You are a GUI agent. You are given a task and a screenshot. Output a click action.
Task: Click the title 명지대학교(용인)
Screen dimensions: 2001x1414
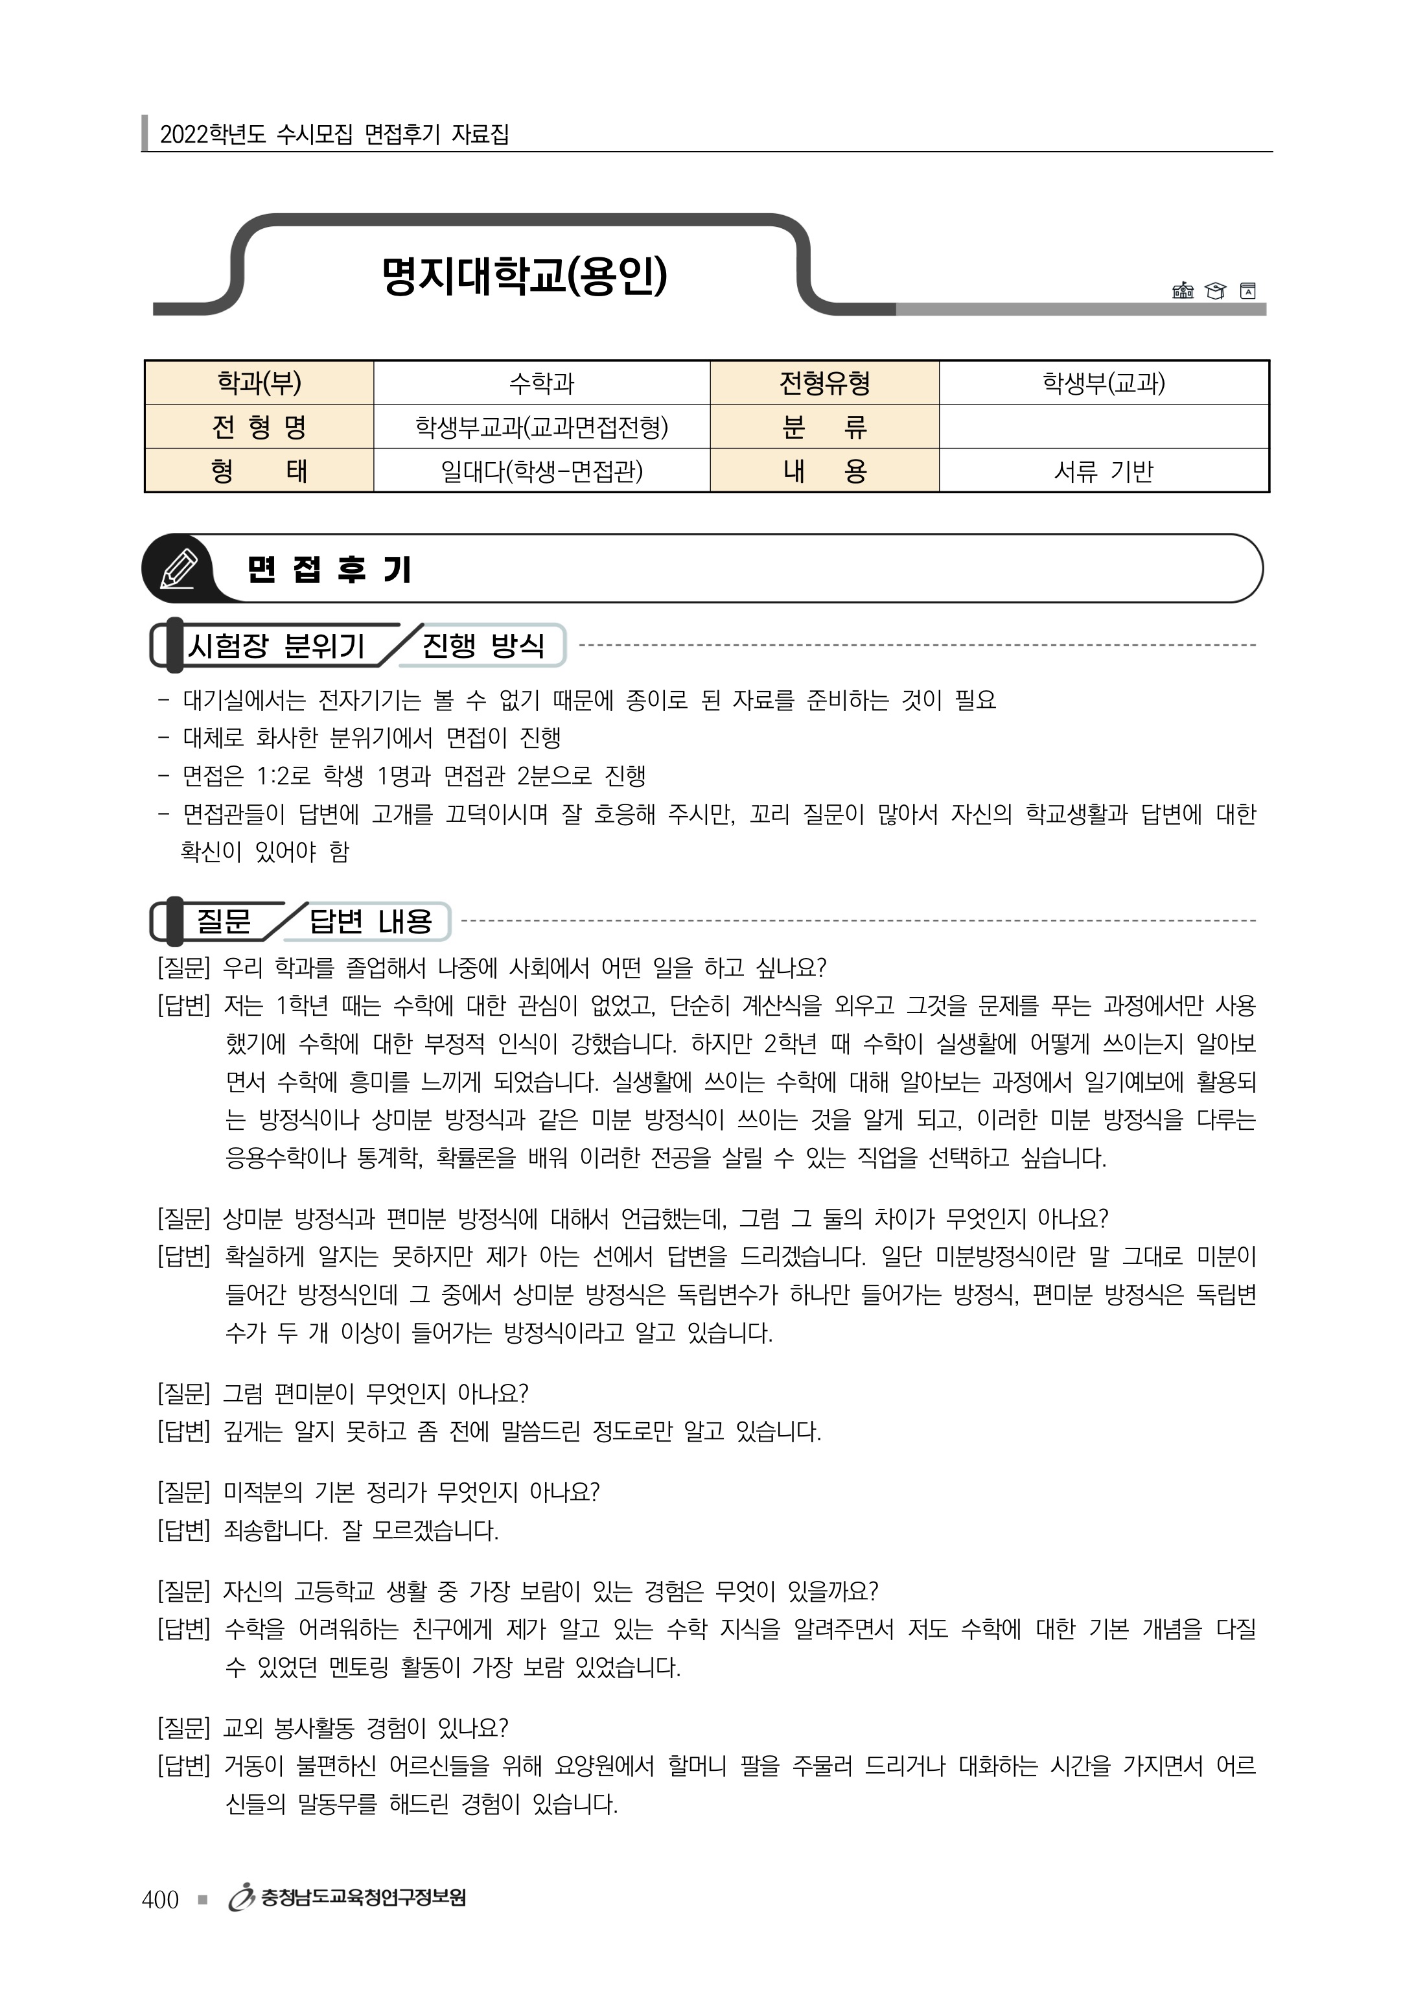(524, 276)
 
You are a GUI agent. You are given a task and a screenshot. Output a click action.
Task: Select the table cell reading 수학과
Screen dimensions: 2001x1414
(541, 382)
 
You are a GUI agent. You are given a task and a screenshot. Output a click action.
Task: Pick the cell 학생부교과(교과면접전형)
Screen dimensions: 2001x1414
(541, 427)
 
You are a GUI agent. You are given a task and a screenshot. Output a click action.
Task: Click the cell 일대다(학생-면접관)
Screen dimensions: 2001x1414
(541, 471)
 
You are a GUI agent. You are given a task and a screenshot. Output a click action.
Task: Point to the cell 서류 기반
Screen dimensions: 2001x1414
(1103, 471)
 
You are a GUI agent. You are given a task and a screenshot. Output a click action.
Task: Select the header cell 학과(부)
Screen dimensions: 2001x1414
(259, 382)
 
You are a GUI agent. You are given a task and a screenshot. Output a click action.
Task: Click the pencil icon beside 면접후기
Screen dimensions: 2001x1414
(180, 569)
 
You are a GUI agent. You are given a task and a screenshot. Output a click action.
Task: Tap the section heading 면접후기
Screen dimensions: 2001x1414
(329, 570)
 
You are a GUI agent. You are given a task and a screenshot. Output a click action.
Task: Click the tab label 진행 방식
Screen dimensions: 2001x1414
(483, 646)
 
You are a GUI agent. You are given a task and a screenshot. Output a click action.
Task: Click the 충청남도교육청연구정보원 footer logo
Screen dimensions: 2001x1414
(347, 1898)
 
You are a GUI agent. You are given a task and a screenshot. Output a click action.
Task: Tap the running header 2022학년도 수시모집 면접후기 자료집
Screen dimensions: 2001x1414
(334, 134)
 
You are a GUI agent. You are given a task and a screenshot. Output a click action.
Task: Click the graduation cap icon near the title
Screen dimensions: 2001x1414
(1214, 291)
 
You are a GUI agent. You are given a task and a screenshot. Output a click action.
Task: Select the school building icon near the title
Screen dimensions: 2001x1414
(1182, 291)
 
